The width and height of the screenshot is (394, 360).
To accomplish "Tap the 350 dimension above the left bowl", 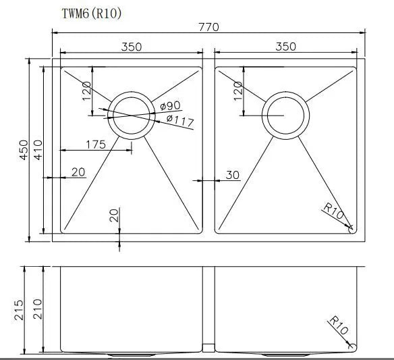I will tap(131, 47).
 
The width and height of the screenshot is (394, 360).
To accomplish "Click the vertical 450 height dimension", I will tap(23, 149).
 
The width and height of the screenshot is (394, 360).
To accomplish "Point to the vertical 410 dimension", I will tap(38, 149).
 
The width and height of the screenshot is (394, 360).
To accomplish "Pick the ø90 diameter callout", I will tap(171, 106).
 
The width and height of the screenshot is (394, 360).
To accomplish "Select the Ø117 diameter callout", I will tap(179, 121).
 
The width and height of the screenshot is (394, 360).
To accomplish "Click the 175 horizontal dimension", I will tap(96, 145).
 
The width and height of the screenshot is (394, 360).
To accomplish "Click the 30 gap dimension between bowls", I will tap(232, 175).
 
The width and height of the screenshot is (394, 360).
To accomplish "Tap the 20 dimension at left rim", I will tap(78, 172).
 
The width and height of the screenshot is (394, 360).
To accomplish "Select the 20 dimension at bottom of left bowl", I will tap(113, 216).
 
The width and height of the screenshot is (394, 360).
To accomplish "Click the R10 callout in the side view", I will tap(338, 327).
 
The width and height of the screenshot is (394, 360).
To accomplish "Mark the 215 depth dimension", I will tap(18, 310).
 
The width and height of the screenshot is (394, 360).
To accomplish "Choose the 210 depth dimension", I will tap(36, 310).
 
